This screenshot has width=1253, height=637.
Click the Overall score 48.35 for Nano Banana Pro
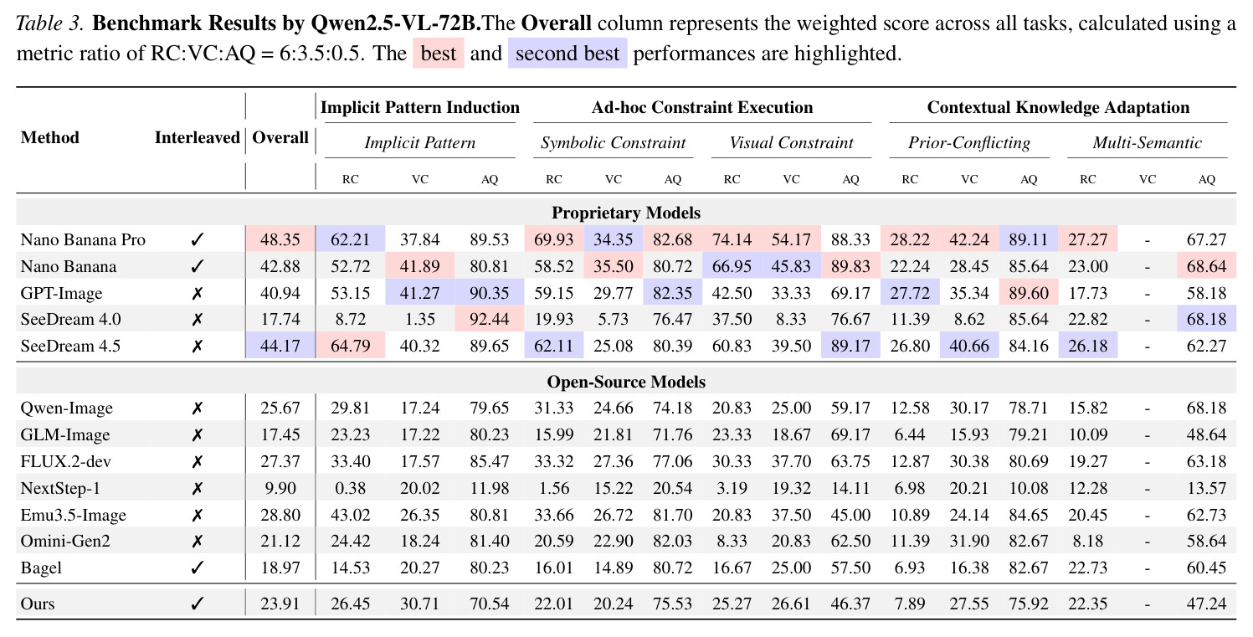pos(280,239)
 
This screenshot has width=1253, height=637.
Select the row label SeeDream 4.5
pos(70,346)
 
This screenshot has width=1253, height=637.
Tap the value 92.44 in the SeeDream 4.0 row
pos(490,319)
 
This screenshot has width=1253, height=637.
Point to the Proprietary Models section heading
pos(626,213)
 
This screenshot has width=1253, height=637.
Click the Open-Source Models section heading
pos(626,382)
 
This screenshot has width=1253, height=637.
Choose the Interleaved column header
pos(197,137)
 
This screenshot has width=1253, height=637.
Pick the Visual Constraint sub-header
pos(791,142)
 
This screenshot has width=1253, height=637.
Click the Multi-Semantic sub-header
pos(1148,142)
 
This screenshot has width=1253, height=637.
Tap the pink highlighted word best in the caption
pos(439,54)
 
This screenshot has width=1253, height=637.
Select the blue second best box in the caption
pos(567,54)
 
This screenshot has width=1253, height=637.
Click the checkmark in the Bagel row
pos(197,568)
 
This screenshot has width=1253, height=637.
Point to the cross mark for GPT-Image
pos(197,293)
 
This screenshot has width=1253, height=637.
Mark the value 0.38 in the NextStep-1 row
pos(350,488)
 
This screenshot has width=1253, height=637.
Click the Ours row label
pos(38,604)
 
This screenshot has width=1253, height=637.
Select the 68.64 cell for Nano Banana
pos(1207,266)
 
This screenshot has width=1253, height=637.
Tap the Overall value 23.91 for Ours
pos(280,604)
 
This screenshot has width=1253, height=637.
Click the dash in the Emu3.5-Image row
pos(1148,515)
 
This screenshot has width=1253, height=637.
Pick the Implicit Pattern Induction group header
pos(419,107)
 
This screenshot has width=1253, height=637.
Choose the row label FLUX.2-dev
pos(65,461)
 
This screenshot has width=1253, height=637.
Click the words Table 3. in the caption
pos(49,23)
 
